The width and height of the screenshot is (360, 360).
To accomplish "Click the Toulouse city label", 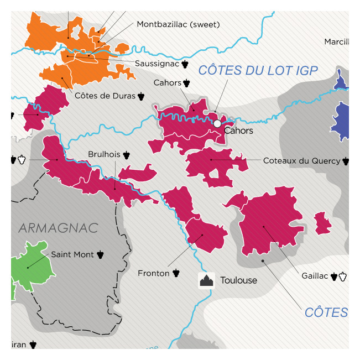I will click(238, 280).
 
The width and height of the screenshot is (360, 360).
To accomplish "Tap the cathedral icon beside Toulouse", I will click(207, 280).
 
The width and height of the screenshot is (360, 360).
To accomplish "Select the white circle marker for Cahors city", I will click(217, 124).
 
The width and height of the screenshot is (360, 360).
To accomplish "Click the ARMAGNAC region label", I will click(58, 228).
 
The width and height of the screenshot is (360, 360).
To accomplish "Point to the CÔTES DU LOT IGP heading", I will click(258, 70).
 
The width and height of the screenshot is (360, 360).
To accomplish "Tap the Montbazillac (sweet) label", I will click(178, 24).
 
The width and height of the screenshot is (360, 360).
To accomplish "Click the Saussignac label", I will click(156, 64).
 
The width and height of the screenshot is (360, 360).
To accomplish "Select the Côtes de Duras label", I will click(105, 96).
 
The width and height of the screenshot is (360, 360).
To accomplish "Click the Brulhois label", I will click(105, 154).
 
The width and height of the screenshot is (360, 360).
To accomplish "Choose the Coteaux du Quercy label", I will click(301, 161).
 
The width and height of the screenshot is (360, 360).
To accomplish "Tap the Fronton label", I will click(154, 273).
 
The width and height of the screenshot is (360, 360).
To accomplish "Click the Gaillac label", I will click(315, 275).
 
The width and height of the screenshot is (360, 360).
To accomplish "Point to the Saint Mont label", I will click(72, 255).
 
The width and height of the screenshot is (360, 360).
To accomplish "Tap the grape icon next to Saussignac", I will click(185, 64).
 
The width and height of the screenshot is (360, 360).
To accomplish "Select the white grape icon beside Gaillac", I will click(343, 275).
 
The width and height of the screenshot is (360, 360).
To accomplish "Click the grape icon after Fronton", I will click(176, 273).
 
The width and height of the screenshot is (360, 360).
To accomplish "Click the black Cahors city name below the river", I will click(238, 131).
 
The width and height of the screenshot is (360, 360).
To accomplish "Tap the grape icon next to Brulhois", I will click(127, 154).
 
